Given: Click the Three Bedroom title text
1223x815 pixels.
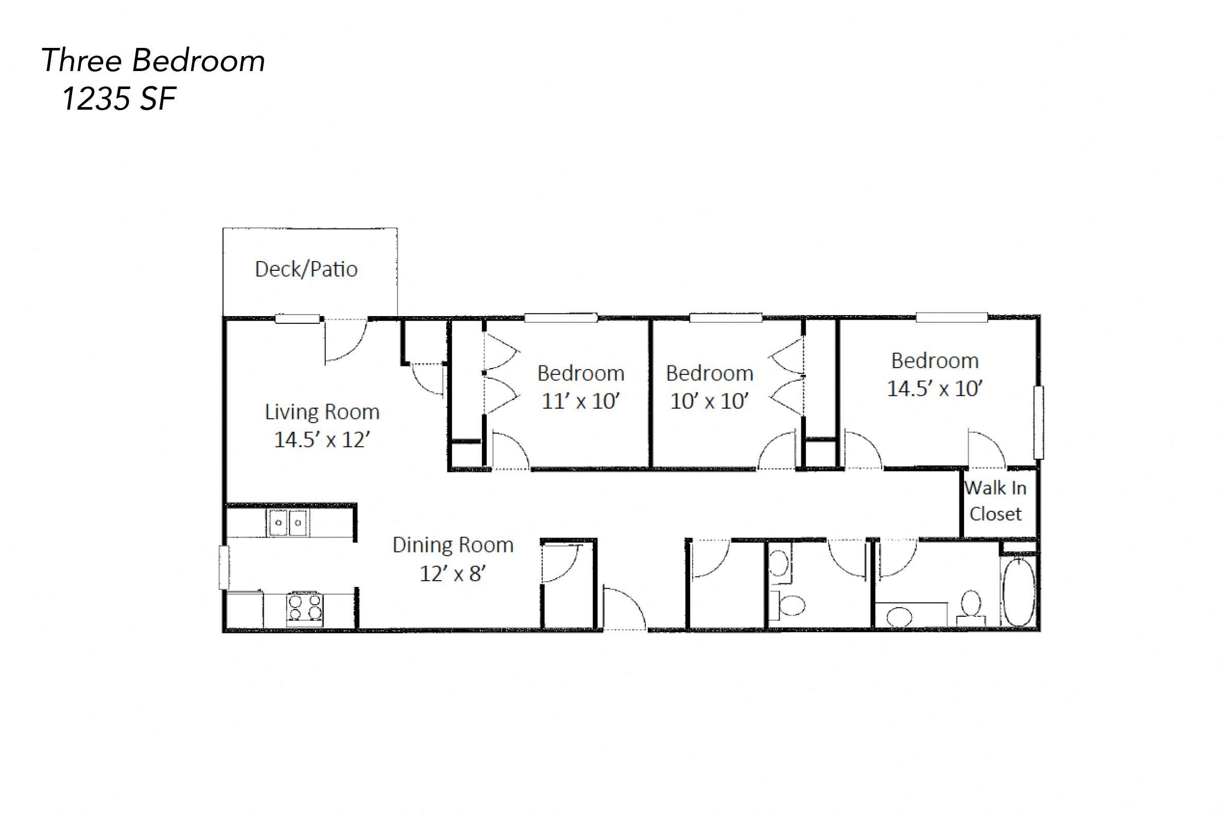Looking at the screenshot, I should (x=153, y=61).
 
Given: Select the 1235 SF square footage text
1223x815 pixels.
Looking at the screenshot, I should (x=118, y=99).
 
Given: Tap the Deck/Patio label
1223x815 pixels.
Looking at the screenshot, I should (x=306, y=269).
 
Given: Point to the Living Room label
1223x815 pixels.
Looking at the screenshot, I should (x=322, y=412).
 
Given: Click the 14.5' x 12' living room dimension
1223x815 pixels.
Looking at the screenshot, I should (x=322, y=440).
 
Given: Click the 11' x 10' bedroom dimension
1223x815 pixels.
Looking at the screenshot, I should (x=580, y=401).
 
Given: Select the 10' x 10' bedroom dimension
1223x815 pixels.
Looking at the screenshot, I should (x=709, y=401).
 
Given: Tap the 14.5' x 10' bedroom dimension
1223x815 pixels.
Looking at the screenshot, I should (x=934, y=389).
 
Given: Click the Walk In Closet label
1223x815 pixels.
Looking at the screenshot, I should (x=995, y=501).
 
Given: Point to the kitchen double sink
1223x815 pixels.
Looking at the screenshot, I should (x=288, y=523).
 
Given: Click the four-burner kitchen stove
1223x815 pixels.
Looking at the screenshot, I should (x=305, y=609).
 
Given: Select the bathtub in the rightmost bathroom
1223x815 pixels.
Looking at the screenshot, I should (x=1018, y=592).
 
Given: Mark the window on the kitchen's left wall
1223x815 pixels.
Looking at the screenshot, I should (x=224, y=567).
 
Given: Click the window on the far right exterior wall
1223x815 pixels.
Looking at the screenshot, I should (x=1038, y=423).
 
